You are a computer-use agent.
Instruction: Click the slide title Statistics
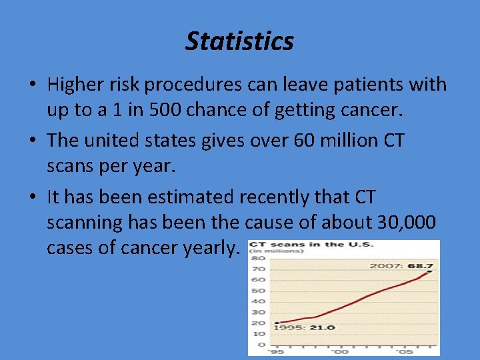click(x=239, y=41)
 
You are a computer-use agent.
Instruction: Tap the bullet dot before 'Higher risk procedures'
click(x=32, y=85)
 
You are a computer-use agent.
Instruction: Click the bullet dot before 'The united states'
click(x=32, y=141)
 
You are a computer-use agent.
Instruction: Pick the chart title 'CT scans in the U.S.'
click(x=311, y=245)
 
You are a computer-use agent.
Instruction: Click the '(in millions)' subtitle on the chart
click(x=266, y=252)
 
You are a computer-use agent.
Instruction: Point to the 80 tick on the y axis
click(x=258, y=258)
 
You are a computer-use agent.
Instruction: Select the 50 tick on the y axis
click(x=258, y=291)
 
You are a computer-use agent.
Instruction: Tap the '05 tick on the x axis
click(x=403, y=351)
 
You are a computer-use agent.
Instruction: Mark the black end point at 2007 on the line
click(x=430, y=271)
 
